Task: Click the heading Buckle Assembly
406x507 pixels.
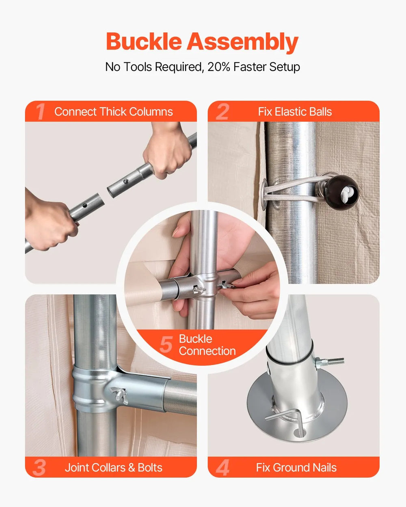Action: [202, 42]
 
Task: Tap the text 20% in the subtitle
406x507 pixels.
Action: [219, 67]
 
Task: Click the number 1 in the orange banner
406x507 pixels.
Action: [40, 112]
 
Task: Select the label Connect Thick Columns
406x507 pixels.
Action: [114, 112]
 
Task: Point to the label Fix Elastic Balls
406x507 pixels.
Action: [295, 112]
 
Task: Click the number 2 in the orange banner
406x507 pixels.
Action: [222, 112]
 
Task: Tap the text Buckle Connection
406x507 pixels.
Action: [207, 345]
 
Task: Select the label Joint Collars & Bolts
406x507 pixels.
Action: [114, 468]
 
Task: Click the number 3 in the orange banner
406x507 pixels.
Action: [39, 468]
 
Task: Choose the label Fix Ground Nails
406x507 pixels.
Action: [296, 468]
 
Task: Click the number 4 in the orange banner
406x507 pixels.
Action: [222, 468]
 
